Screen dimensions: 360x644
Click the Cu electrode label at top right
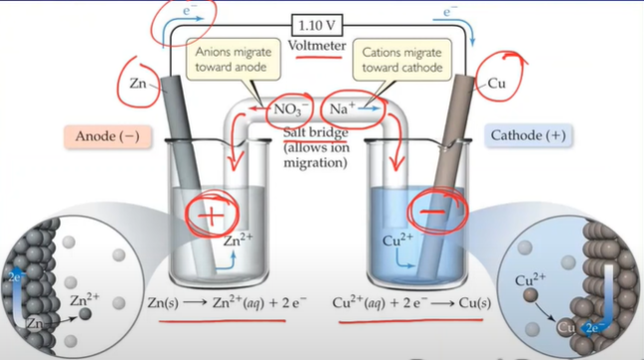click(498, 87)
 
